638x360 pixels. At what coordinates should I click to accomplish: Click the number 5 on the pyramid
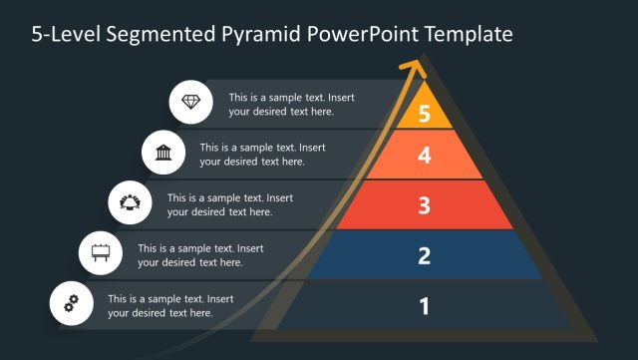(x=424, y=113)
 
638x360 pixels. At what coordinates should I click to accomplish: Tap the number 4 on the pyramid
(x=424, y=156)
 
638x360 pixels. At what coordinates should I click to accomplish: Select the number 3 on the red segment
(x=424, y=205)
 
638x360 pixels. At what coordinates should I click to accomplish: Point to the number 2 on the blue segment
(x=424, y=255)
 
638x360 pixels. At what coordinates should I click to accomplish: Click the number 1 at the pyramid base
(x=424, y=305)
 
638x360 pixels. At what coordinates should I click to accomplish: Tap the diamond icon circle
(x=190, y=103)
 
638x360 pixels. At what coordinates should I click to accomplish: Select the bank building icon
(x=161, y=153)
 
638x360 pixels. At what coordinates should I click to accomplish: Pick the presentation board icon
(x=101, y=253)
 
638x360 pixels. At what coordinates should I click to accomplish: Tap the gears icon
(x=71, y=304)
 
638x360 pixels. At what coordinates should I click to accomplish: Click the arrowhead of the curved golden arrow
(x=412, y=69)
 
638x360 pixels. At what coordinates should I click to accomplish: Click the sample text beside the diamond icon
(x=291, y=105)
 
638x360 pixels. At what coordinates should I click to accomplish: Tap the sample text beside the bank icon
(x=262, y=155)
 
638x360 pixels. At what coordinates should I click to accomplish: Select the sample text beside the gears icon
(x=170, y=305)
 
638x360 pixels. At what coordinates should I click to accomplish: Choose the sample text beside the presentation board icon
(x=200, y=255)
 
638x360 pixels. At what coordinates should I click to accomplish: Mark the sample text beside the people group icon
(x=230, y=204)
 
